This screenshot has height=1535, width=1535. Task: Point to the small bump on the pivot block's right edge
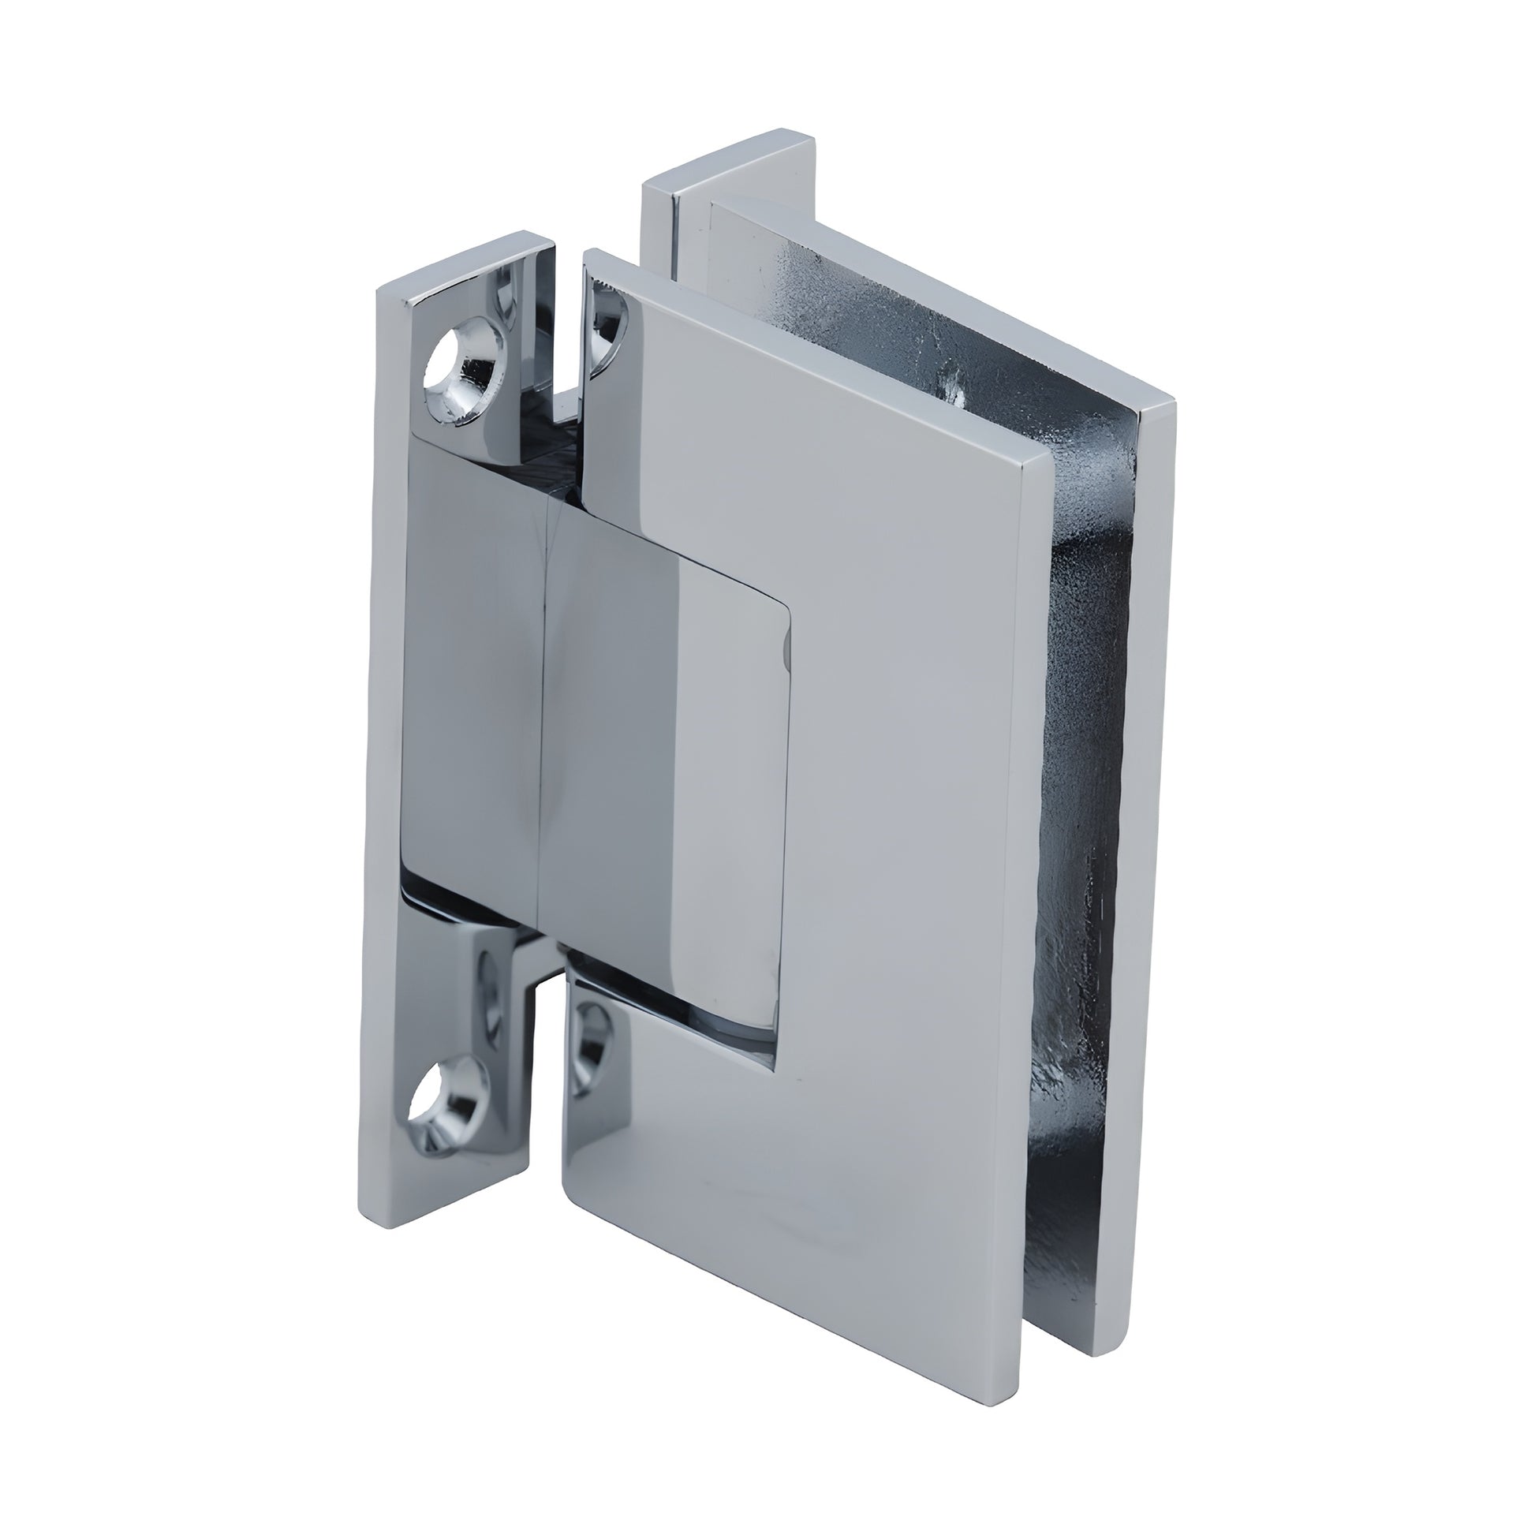[786, 652]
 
